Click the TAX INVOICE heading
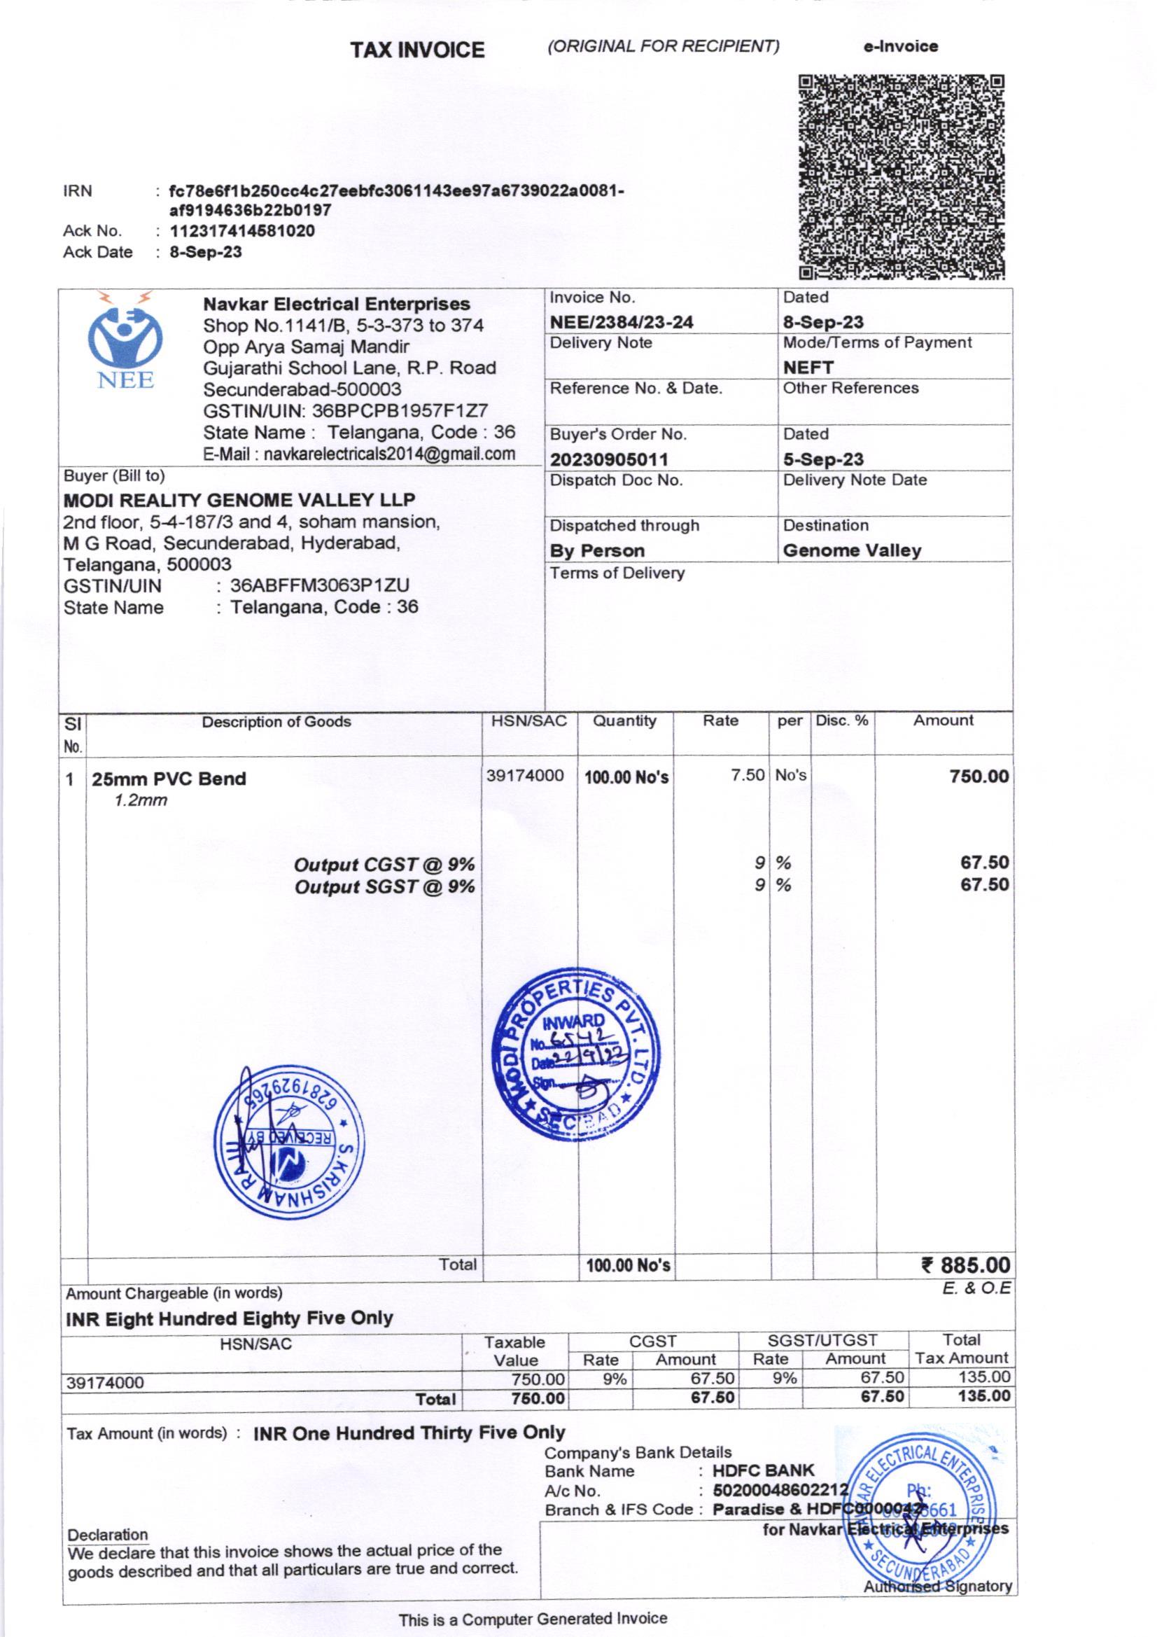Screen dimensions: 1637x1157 click(417, 50)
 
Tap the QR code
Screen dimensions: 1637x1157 click(901, 176)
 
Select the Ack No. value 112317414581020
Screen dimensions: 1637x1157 click(241, 231)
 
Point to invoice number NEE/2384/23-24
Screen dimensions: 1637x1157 click(621, 322)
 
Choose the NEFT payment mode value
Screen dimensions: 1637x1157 click(808, 367)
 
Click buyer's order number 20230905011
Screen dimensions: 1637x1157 click(608, 460)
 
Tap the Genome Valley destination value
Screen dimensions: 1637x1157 click(851, 550)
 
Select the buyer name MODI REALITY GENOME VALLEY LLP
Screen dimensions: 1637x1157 click(239, 500)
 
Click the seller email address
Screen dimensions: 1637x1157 click(358, 454)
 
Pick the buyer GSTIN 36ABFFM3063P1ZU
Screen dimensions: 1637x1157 click(319, 586)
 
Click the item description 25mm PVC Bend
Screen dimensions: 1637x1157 click(168, 779)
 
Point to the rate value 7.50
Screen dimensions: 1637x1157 click(747, 775)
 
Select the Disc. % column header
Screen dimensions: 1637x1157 click(842, 720)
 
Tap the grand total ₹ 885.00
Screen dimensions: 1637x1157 click(965, 1265)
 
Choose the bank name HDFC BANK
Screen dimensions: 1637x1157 click(763, 1471)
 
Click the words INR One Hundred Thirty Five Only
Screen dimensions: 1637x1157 click(409, 1433)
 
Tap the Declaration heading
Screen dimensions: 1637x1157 click(108, 1535)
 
